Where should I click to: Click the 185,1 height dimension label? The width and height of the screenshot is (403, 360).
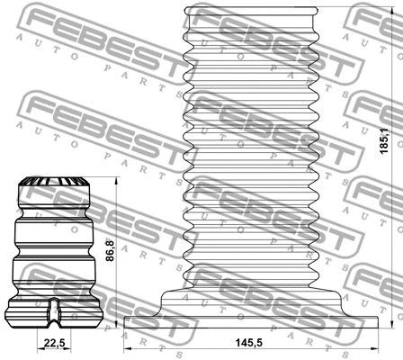pos(385,141)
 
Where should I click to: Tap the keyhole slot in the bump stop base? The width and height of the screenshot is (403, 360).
pos(54,310)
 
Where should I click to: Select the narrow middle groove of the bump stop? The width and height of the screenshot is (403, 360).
pos(56,249)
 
